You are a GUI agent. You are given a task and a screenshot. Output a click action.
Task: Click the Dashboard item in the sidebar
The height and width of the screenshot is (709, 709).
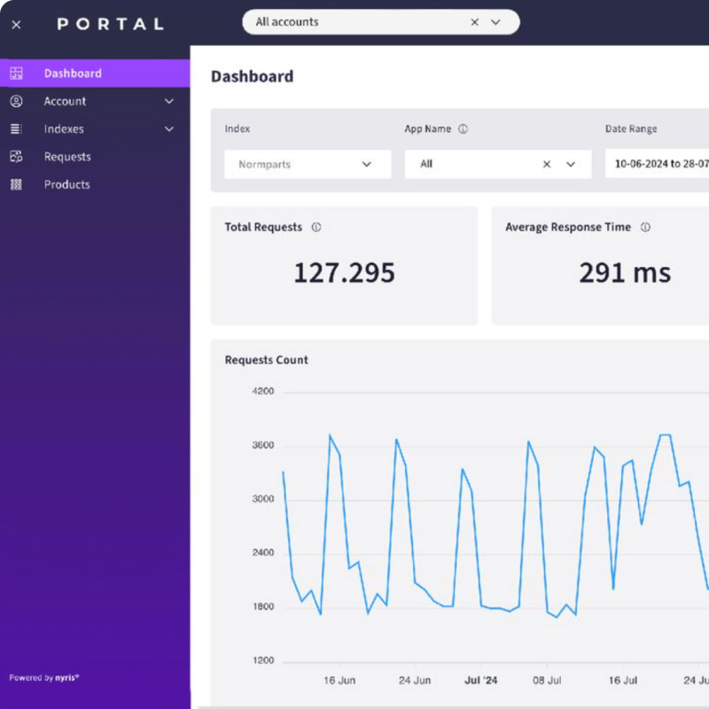[73, 74]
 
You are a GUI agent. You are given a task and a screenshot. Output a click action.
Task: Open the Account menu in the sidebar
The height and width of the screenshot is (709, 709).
[66, 102]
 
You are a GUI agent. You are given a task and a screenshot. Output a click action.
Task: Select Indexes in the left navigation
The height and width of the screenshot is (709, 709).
[64, 129]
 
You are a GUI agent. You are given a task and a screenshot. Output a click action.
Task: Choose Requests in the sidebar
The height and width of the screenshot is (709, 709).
[67, 157]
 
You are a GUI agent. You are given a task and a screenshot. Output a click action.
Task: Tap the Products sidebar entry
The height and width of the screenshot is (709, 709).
[67, 185]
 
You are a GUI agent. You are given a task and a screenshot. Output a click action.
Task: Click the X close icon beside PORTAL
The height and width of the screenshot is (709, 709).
[16, 25]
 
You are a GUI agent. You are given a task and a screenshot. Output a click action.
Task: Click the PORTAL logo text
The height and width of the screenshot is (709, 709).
[111, 24]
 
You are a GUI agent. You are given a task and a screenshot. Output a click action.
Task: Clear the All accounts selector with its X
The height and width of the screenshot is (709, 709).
[474, 22]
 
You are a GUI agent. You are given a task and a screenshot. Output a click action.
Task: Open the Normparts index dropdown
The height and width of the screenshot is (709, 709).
[307, 164]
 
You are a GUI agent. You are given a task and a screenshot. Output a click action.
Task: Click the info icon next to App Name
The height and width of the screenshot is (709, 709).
[463, 129]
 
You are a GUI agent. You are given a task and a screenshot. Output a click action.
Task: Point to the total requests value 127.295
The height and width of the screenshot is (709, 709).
[344, 273]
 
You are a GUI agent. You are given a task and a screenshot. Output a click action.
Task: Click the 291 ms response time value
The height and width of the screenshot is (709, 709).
[625, 273]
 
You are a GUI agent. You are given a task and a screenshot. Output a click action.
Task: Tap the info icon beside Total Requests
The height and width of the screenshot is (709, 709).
[316, 228]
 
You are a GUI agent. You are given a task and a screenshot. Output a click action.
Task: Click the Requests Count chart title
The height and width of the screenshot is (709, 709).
[267, 360]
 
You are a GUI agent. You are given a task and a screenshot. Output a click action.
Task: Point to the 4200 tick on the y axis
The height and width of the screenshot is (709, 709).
[263, 391]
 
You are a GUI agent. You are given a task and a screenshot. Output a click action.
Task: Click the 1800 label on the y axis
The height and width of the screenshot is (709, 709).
[263, 607]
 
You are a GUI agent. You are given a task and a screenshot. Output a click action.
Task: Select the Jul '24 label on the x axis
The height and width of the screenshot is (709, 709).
[481, 681]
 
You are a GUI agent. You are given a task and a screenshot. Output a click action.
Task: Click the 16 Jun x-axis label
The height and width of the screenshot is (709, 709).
[339, 681]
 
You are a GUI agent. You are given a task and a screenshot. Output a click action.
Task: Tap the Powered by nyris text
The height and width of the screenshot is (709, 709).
[44, 678]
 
